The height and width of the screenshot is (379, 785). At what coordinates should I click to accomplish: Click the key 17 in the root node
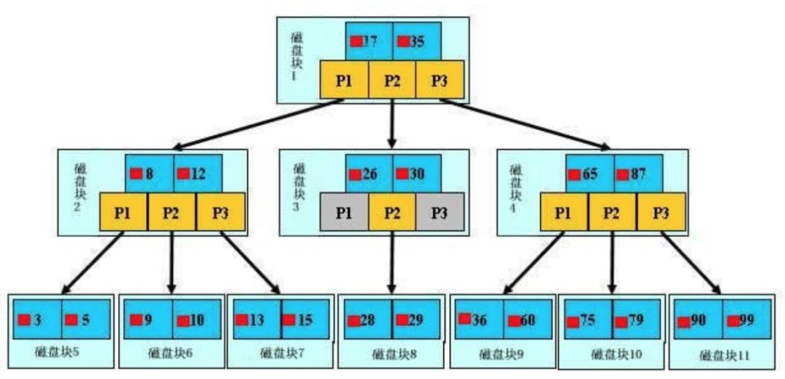point(369,41)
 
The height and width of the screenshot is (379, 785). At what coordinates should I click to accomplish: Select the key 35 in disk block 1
point(416,41)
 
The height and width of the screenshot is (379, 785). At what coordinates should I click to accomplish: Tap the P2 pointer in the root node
point(392,80)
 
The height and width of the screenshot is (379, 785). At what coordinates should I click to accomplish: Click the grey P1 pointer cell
point(344,213)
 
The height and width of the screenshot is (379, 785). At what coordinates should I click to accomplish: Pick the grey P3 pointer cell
point(439,213)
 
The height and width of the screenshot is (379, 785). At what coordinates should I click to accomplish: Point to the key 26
point(369,174)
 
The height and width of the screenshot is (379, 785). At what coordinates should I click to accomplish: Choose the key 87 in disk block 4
point(637,174)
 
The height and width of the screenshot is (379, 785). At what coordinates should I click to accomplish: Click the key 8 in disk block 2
point(148,174)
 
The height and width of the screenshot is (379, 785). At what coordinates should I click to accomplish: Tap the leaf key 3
point(36,319)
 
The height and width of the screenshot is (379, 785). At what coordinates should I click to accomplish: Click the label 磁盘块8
point(392,355)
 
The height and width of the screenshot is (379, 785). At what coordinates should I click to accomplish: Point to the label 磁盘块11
point(724,356)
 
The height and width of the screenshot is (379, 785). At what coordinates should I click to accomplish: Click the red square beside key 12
point(183,174)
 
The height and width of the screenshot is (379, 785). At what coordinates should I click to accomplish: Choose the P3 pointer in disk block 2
point(220,213)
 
